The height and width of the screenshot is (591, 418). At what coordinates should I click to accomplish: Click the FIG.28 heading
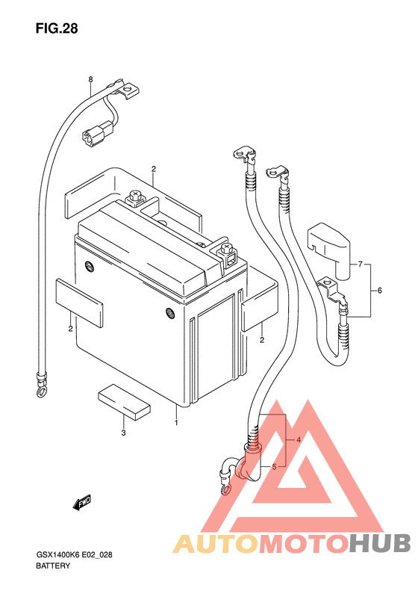coord(57,28)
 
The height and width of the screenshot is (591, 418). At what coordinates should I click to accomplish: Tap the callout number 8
coord(90,79)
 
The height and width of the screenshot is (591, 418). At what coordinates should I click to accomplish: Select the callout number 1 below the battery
coord(176,423)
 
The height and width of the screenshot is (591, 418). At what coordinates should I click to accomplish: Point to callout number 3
coord(123,433)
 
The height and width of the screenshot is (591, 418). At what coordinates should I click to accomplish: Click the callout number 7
coord(360,264)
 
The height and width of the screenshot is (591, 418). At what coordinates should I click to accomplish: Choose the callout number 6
coord(380,290)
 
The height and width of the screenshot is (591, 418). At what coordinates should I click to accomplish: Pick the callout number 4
coord(299,439)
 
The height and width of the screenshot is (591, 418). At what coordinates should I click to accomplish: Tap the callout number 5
coord(274,467)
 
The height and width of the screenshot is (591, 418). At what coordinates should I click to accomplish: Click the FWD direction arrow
coord(81,503)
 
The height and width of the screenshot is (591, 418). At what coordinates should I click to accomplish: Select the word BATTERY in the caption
coord(53,566)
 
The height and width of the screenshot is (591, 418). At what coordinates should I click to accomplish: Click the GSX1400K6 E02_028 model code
coord(74,555)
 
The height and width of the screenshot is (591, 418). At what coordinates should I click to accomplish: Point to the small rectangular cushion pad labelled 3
coord(124,401)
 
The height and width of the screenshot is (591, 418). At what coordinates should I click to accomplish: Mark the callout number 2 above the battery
coord(154,169)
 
